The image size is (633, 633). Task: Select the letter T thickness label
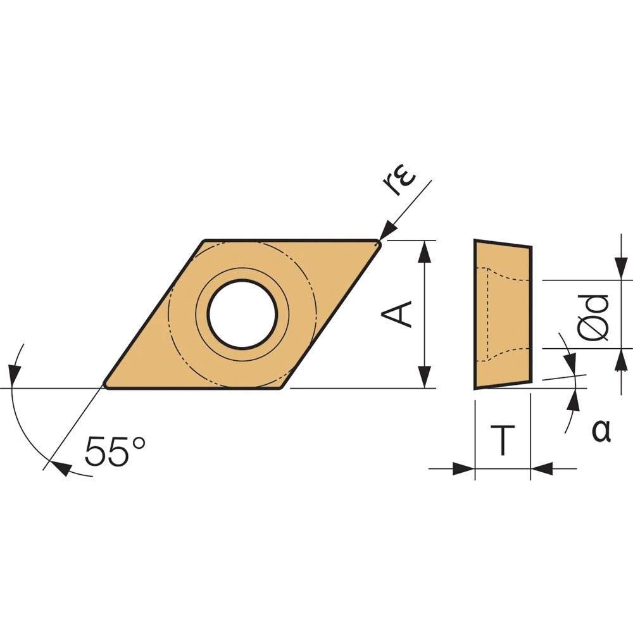503,440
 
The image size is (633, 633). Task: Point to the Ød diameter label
592,317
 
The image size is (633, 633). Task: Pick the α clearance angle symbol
601,430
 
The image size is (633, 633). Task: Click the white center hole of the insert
242,314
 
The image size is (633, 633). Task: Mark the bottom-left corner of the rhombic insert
106,387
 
